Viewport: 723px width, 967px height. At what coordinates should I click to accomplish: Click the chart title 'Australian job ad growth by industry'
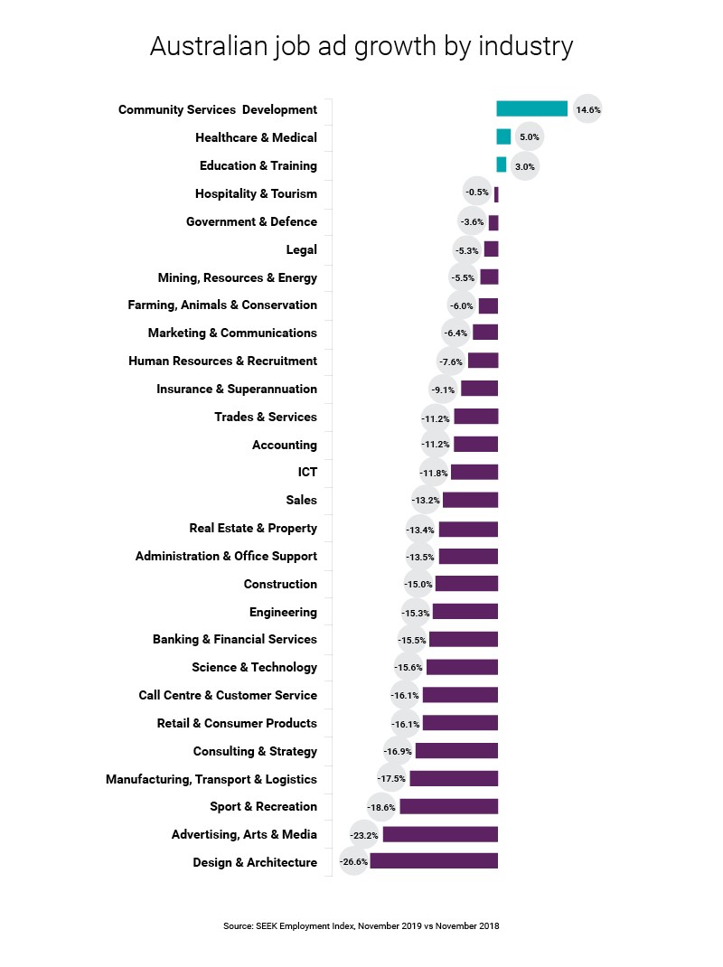click(x=361, y=46)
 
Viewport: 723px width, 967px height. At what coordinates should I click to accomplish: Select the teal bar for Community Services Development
click(x=531, y=109)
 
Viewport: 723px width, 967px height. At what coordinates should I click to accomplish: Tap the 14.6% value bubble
click(x=587, y=109)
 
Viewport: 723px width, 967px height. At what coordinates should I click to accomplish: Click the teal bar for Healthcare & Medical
click(x=503, y=137)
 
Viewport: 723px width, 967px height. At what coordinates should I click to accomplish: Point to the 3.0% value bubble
click(x=525, y=165)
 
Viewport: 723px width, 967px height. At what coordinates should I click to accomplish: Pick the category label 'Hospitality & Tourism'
click(x=256, y=193)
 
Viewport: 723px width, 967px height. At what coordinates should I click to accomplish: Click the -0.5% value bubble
click(x=476, y=192)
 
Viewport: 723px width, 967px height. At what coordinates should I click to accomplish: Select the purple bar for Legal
click(x=491, y=249)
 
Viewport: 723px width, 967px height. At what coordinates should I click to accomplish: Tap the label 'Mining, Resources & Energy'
click(x=237, y=277)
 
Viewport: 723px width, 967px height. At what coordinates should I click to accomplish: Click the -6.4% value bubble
click(x=456, y=333)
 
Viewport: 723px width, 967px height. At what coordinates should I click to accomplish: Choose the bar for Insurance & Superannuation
click(x=479, y=389)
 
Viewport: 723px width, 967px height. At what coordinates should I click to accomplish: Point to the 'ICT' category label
click(x=307, y=472)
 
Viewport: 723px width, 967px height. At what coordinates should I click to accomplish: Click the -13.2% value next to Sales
click(x=426, y=500)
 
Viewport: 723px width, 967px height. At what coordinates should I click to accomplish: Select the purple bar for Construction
click(x=466, y=584)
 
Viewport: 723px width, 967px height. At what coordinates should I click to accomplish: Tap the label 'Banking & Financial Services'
click(x=234, y=639)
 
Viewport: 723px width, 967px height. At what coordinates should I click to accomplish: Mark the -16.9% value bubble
click(x=398, y=751)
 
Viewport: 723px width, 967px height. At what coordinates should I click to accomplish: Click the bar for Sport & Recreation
click(x=448, y=806)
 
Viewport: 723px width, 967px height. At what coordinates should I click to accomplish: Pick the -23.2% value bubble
click(x=365, y=835)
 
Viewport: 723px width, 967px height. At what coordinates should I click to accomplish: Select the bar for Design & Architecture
click(x=434, y=862)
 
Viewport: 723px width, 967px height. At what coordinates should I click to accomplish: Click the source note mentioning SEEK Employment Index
click(x=361, y=925)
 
